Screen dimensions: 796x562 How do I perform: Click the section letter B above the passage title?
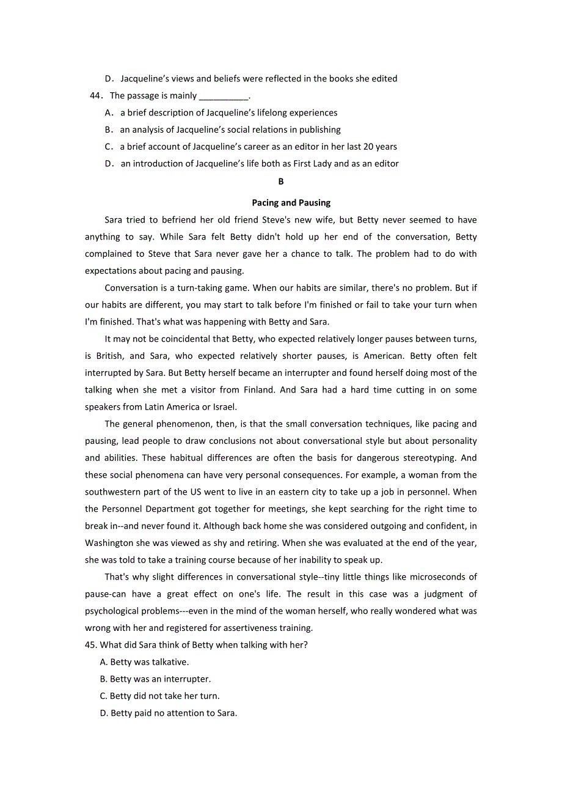[x=281, y=182]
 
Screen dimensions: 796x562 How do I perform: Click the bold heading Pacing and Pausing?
[x=291, y=202]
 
